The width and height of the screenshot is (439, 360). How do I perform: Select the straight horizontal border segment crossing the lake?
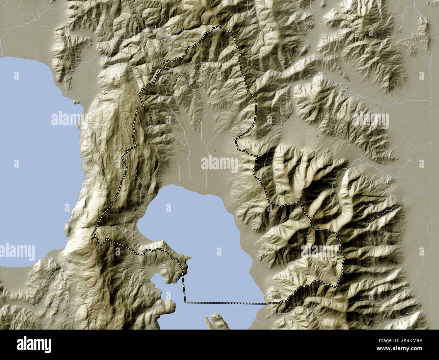(x=225, y=303)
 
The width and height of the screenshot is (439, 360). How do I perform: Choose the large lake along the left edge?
(x=34, y=152)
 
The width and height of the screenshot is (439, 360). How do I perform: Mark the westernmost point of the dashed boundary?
(x=95, y=233)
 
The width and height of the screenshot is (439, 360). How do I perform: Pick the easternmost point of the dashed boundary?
(x=344, y=260)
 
